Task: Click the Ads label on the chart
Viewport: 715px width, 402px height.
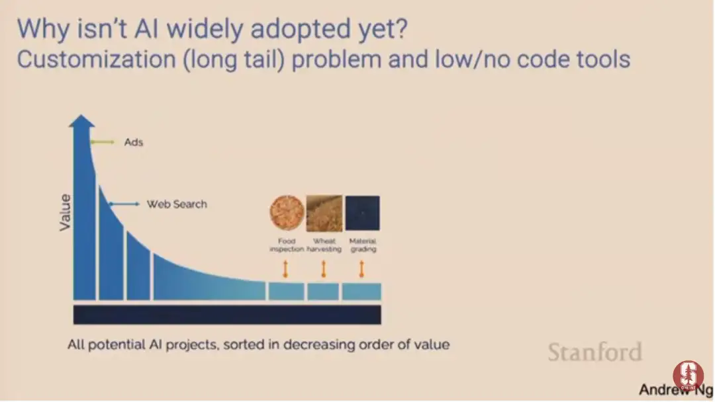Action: (x=134, y=143)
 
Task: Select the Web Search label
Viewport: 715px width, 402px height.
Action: (x=177, y=204)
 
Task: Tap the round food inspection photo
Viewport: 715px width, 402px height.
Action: (x=287, y=213)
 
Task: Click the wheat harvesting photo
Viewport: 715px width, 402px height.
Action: (x=324, y=213)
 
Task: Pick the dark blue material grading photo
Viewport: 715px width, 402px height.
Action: (x=363, y=213)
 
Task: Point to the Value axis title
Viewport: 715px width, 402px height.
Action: (x=65, y=213)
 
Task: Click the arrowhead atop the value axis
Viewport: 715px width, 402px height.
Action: (x=81, y=121)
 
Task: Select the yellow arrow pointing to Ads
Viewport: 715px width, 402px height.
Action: (x=102, y=142)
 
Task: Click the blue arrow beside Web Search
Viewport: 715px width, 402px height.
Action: (x=124, y=204)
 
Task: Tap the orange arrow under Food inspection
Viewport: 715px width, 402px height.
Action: (x=286, y=269)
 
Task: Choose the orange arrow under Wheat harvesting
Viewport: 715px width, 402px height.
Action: (x=324, y=269)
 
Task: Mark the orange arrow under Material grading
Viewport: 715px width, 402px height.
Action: (x=361, y=269)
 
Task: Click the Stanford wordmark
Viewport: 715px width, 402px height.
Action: (x=595, y=352)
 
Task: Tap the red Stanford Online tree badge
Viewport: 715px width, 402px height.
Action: (x=688, y=375)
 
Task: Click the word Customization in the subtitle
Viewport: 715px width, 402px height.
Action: (x=96, y=60)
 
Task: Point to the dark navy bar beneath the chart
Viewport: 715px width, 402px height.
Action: (x=227, y=315)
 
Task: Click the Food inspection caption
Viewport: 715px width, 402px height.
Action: (x=287, y=245)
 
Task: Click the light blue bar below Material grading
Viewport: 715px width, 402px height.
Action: (x=361, y=292)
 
